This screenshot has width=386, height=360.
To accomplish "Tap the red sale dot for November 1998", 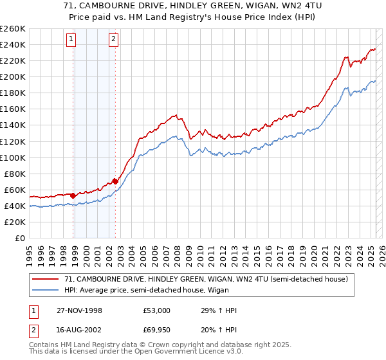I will (x=73, y=195).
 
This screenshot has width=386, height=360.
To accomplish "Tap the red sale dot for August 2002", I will (x=115, y=181).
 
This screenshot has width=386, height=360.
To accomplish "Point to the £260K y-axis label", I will (x=12, y=28).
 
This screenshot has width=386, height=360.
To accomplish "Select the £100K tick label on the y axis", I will (x=12, y=157).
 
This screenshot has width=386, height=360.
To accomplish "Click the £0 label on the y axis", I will (x=19, y=238).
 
